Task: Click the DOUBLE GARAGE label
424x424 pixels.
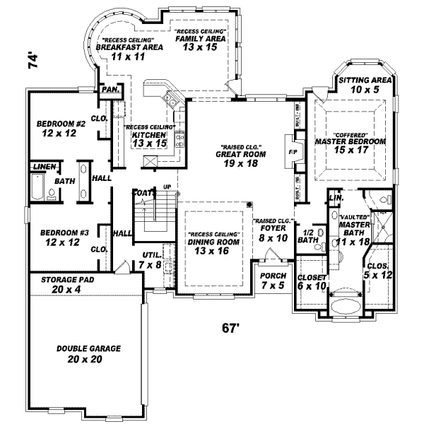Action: coord(89,348)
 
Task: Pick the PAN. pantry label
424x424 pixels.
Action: coord(110,90)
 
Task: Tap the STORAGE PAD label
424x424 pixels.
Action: coord(69,280)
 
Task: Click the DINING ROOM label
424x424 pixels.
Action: coord(214,242)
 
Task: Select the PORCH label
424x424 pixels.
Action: coord(272,276)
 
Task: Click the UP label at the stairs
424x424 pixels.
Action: coord(167,187)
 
